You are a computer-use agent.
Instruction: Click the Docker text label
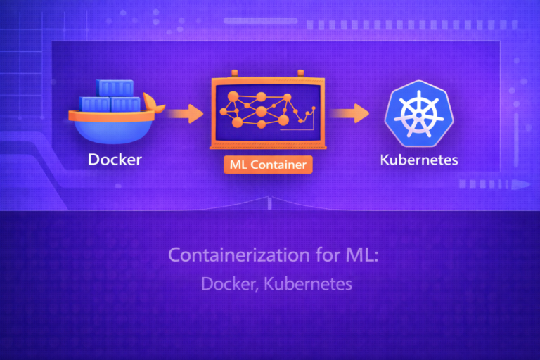(115, 160)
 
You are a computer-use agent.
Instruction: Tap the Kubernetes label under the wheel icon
(418, 160)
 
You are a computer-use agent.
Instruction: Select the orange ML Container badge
(267, 165)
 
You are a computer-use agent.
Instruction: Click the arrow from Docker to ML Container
(186, 112)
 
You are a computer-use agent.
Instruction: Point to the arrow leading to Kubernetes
(350, 112)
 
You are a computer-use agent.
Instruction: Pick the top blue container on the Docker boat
(115, 88)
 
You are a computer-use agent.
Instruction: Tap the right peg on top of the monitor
(301, 72)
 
